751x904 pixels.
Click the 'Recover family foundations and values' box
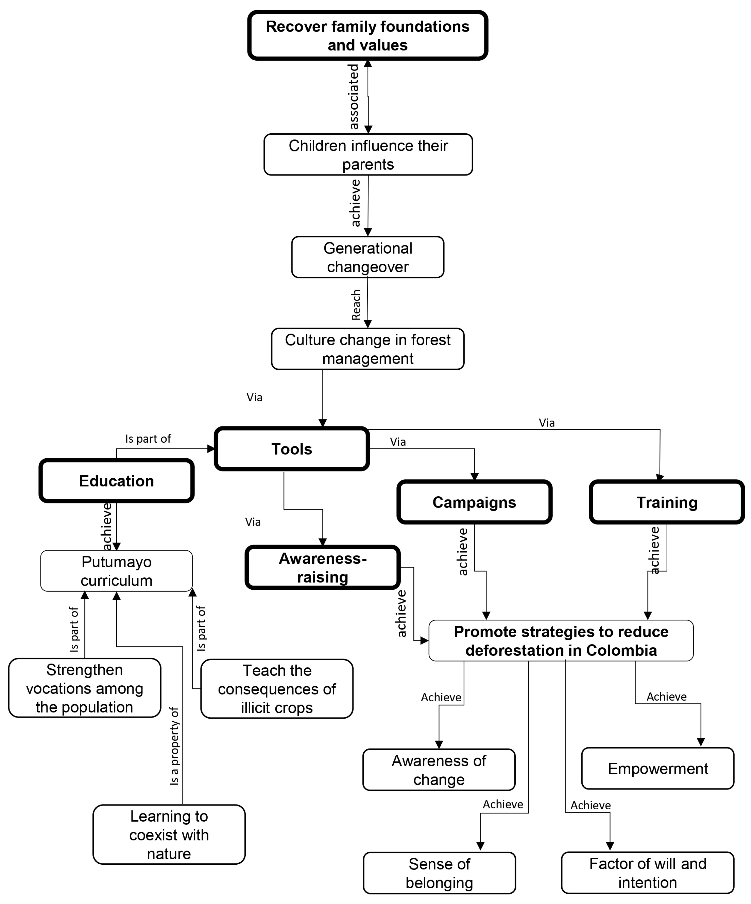coord(367,35)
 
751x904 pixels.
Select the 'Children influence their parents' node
coord(368,155)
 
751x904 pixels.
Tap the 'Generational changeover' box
coord(368,257)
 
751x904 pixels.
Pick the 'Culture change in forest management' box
coord(368,349)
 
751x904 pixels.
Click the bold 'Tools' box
coord(292,449)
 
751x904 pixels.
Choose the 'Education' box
coord(116,480)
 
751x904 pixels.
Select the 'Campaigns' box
coord(474,502)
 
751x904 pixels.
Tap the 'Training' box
coord(667,502)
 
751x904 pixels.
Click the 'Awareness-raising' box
coord(323,567)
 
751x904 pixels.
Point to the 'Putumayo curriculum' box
coord(116,571)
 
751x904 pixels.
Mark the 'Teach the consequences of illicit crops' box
coord(277,689)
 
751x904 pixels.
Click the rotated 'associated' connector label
coord(353,97)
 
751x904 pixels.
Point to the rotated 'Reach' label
coord(356,305)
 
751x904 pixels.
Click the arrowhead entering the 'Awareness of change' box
coord(439,745)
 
